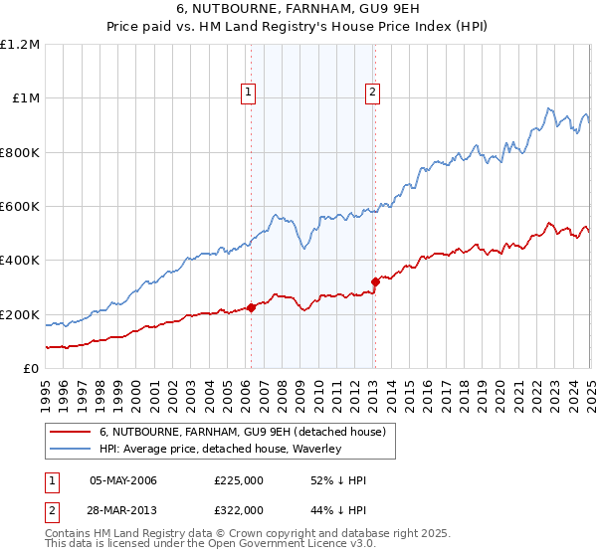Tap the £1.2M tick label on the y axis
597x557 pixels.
[19, 44]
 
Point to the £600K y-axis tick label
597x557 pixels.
[19, 207]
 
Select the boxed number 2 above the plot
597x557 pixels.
[372, 93]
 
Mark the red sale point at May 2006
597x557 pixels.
[251, 307]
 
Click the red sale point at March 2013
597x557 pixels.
[375, 281]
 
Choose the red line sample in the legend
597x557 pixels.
[71, 432]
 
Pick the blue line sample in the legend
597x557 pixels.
[71, 449]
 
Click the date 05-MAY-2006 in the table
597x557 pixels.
[123, 480]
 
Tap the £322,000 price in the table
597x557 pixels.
[238, 509]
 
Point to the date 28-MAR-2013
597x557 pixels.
[123, 509]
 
